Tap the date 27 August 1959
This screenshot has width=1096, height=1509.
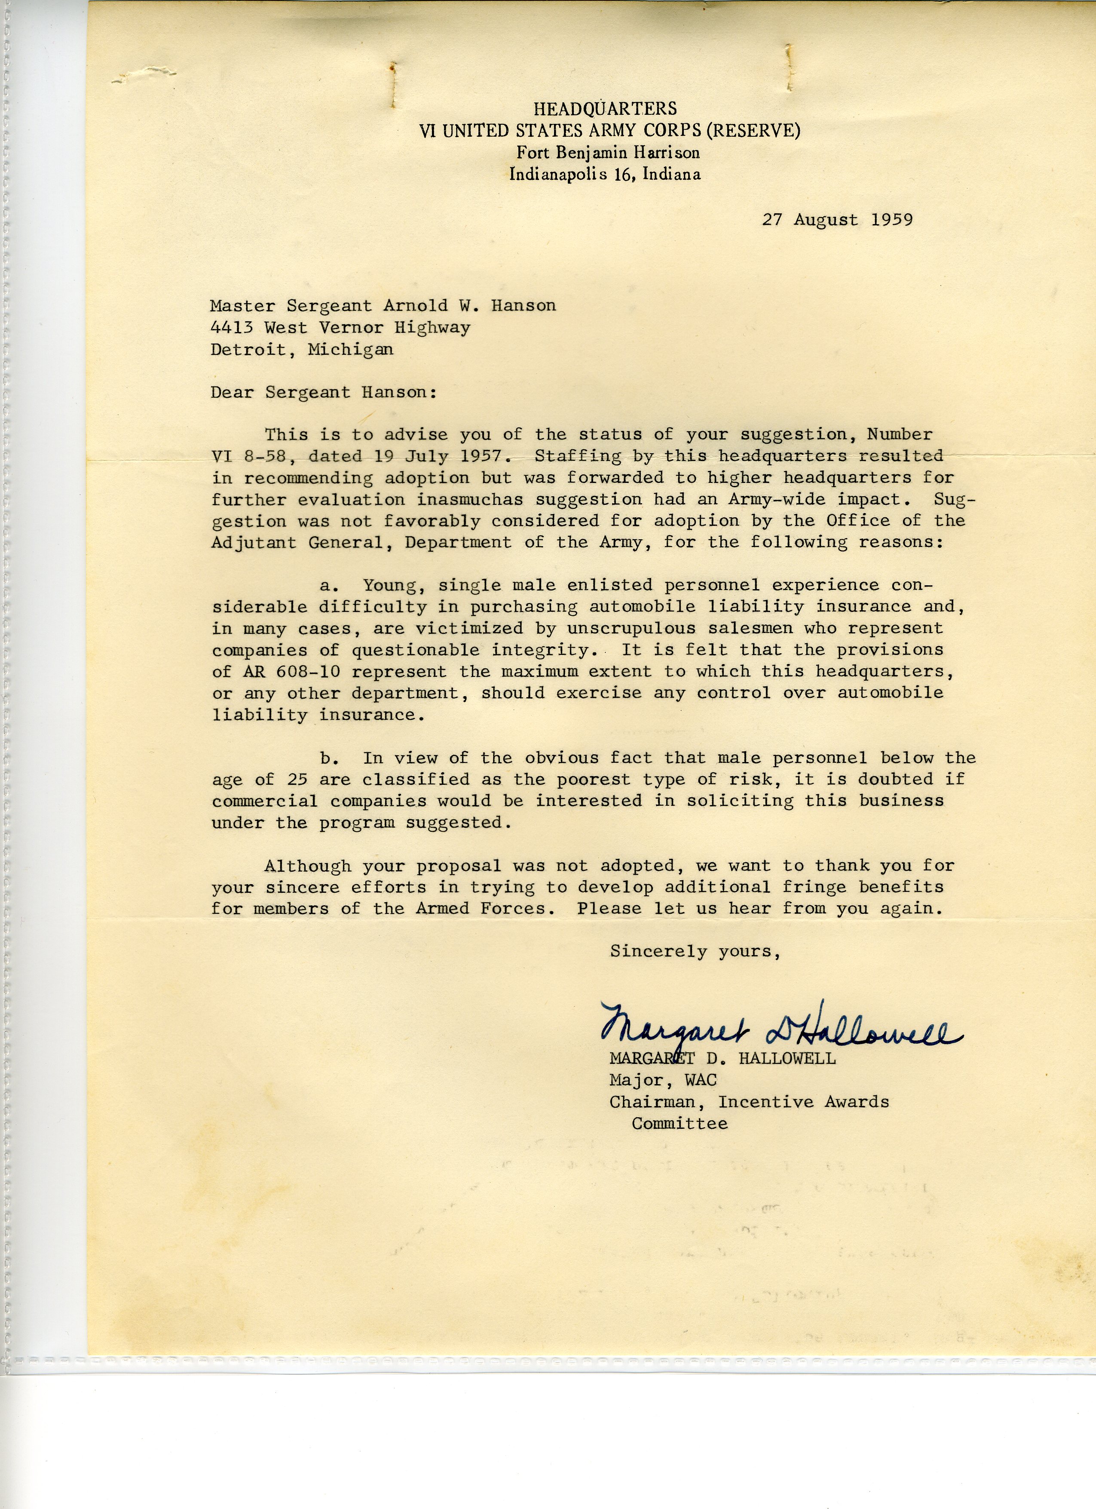(x=837, y=220)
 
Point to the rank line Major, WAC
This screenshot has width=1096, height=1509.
(x=663, y=1080)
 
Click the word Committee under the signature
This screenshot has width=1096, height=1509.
(x=679, y=1124)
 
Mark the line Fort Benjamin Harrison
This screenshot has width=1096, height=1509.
(x=608, y=152)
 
